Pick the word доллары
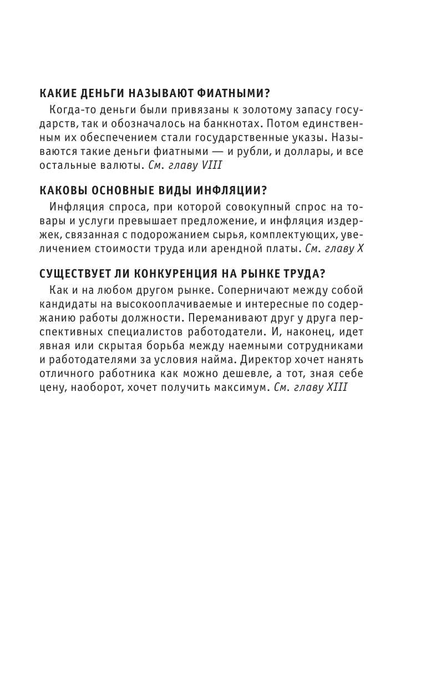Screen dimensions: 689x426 pos(286,150)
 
